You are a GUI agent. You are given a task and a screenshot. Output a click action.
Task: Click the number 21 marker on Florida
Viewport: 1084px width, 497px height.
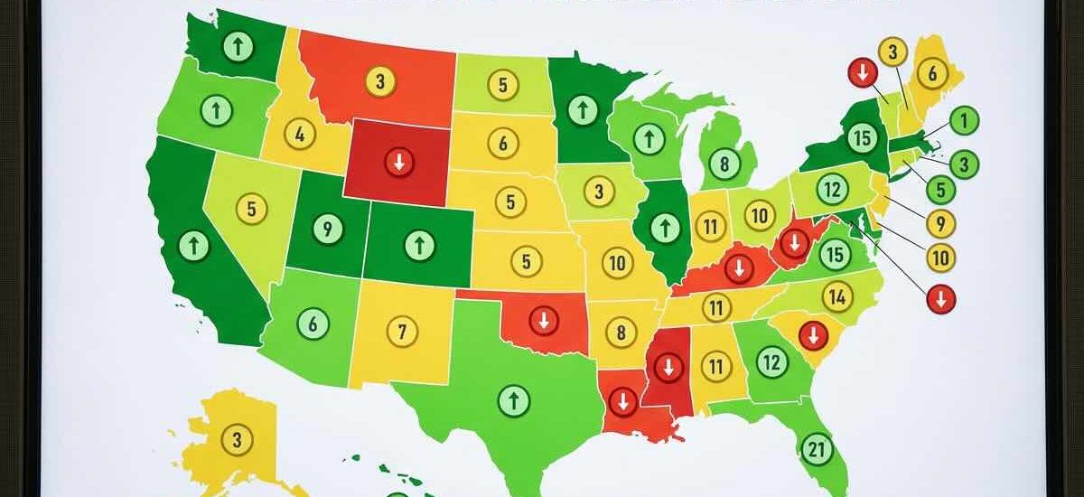click(x=816, y=448)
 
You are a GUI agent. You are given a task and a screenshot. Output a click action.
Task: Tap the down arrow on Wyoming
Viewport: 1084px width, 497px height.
click(x=397, y=163)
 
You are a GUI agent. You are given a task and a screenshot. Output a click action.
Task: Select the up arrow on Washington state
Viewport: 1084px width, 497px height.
click(x=238, y=48)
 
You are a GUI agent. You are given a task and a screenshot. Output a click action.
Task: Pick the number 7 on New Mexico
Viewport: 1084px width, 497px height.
click(x=402, y=331)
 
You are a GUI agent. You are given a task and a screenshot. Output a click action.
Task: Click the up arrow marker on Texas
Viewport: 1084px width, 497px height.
click(x=514, y=399)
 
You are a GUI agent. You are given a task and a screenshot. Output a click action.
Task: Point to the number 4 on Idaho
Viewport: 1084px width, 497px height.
click(x=299, y=135)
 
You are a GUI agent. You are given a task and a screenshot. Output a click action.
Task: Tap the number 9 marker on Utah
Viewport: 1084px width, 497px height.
click(x=328, y=229)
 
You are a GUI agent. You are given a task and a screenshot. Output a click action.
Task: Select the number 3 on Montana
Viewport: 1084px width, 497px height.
click(x=380, y=81)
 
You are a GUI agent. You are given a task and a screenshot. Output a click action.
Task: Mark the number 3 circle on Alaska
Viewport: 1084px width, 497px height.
click(x=238, y=440)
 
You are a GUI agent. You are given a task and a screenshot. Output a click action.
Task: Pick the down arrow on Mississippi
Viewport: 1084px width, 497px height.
click(x=668, y=367)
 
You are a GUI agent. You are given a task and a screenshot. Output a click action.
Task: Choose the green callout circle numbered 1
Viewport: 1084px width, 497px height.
click(x=965, y=119)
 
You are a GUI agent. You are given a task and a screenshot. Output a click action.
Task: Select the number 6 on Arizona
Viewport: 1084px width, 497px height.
click(x=313, y=323)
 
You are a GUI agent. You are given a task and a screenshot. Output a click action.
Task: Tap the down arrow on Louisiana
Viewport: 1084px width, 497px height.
click(x=621, y=399)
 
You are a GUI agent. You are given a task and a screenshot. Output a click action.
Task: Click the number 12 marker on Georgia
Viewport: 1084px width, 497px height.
click(x=771, y=363)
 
